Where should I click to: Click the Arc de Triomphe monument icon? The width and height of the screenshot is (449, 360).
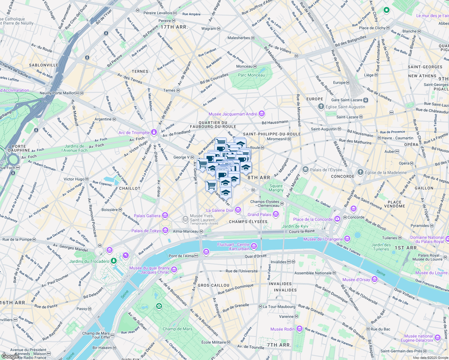[x=154, y=132]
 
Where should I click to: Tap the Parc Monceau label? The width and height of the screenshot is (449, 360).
[x=251, y=75]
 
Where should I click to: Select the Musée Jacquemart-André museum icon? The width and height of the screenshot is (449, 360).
[x=262, y=114]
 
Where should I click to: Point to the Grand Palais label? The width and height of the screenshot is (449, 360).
[x=259, y=214]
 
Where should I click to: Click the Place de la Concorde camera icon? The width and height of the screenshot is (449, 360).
[x=337, y=219]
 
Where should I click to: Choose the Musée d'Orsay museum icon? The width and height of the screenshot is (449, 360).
[x=374, y=280]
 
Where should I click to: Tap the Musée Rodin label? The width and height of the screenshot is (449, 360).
[x=282, y=329]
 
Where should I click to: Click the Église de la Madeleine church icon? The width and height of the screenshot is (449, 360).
[x=360, y=172]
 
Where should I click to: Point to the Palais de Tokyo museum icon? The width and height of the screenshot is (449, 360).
[x=165, y=230]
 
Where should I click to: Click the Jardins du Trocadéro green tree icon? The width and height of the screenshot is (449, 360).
[x=114, y=261]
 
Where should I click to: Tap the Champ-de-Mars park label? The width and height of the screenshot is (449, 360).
[x=177, y=329]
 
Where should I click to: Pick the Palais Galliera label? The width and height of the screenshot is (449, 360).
[x=147, y=216]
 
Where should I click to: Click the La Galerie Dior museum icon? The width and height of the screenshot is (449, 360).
[x=238, y=210]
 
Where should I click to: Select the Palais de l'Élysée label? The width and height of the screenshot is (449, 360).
[x=326, y=170]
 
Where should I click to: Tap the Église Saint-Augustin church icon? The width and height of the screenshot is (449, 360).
[x=321, y=106]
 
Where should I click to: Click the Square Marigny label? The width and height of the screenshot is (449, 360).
[x=276, y=188]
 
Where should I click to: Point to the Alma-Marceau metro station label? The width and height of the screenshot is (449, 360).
[x=186, y=231]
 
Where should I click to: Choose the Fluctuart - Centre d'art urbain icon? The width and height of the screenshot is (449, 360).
[x=254, y=246]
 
